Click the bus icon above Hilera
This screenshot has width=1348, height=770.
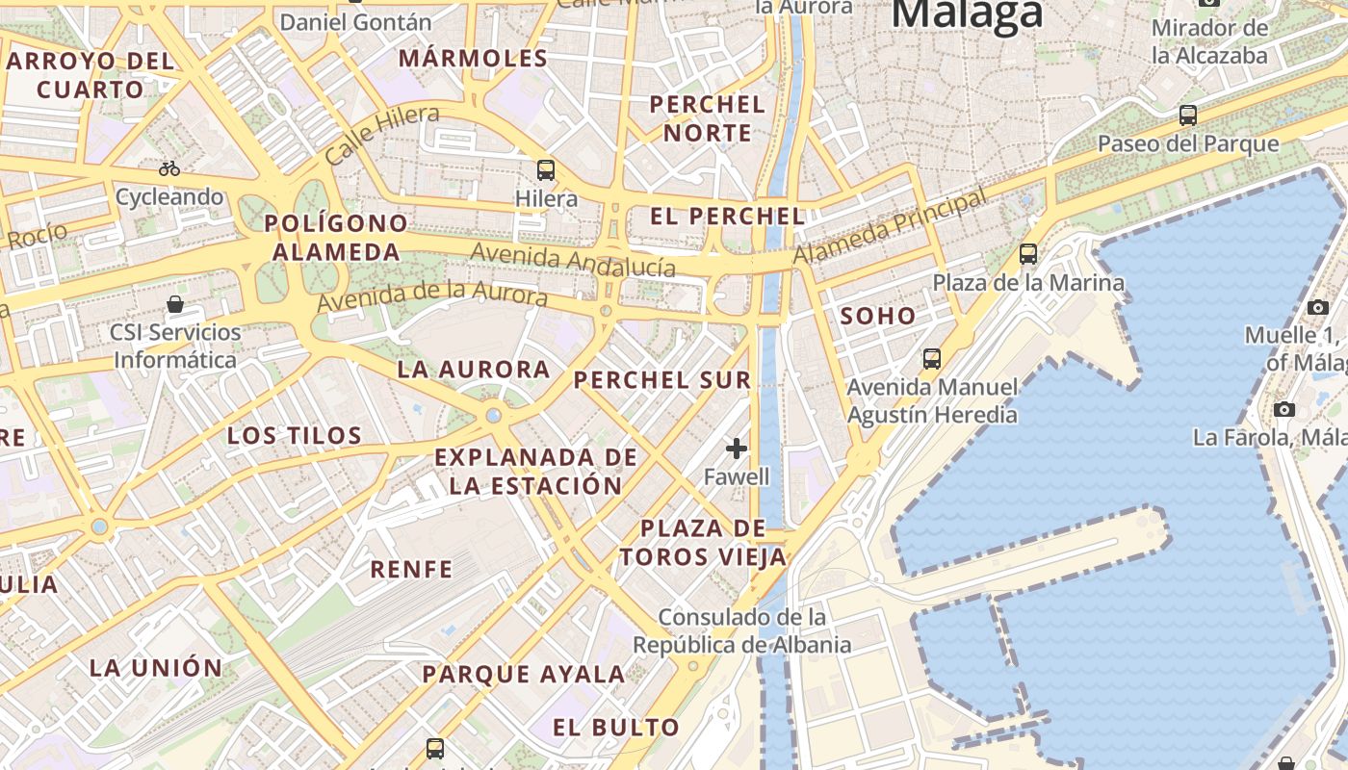click(546, 170)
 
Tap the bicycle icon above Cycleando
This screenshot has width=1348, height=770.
click(169, 168)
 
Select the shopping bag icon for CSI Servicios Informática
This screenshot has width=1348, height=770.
click(175, 305)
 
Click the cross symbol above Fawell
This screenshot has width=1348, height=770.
click(737, 448)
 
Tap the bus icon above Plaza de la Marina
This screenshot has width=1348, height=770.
click(1028, 254)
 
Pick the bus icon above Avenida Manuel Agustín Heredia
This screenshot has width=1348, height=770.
click(932, 359)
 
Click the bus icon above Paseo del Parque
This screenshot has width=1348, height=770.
click(1188, 115)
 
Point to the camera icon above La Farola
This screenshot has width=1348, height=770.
click(1283, 409)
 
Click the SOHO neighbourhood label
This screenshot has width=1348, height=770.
click(878, 316)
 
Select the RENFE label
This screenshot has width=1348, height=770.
click(411, 570)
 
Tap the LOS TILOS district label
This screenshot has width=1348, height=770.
click(295, 436)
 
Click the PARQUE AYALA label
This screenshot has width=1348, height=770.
click(524, 675)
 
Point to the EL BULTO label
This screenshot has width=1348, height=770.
click(616, 728)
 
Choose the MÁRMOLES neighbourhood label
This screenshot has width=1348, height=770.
click(473, 59)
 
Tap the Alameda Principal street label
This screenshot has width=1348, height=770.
click(890, 227)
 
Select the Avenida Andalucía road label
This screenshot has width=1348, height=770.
click(573, 260)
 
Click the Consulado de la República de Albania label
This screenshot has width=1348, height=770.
click(741, 630)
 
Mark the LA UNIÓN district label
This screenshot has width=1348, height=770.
click(156, 667)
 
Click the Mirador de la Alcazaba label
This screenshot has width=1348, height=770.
click(1210, 41)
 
